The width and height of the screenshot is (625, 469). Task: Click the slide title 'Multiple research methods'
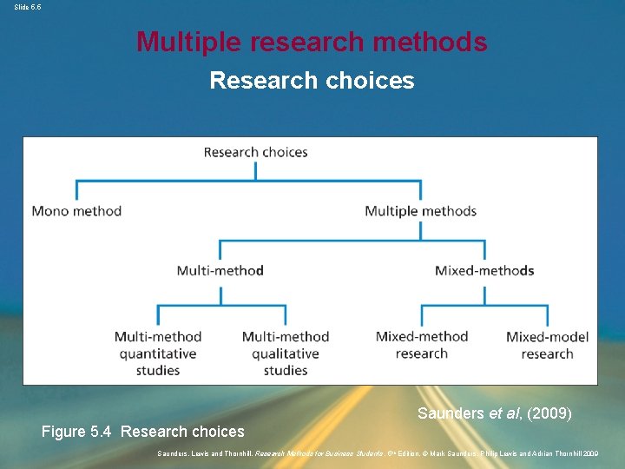click(312, 41)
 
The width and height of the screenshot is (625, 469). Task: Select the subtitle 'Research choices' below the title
click(312, 81)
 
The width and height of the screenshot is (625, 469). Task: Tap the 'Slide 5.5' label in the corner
click(27, 6)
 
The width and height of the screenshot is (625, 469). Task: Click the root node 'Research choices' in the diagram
click(255, 152)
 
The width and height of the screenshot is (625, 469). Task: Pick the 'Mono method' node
click(76, 211)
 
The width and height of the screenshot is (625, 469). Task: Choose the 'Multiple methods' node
click(420, 211)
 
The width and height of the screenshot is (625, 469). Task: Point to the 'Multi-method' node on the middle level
click(220, 270)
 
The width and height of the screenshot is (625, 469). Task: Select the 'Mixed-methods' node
click(484, 270)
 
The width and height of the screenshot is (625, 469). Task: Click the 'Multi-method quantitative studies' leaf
click(158, 353)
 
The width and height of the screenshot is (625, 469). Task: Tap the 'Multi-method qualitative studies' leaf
click(286, 353)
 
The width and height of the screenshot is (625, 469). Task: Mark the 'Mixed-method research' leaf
click(422, 345)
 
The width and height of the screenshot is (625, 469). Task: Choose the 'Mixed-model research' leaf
click(547, 345)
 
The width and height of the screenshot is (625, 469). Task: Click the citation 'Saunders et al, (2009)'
click(494, 413)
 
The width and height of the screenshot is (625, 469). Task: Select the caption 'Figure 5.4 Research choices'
click(143, 432)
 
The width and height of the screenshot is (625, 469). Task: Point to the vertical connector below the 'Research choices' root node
click(255, 170)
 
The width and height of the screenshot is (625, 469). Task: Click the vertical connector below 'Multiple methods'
click(420, 230)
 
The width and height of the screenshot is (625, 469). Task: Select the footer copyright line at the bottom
click(378, 453)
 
